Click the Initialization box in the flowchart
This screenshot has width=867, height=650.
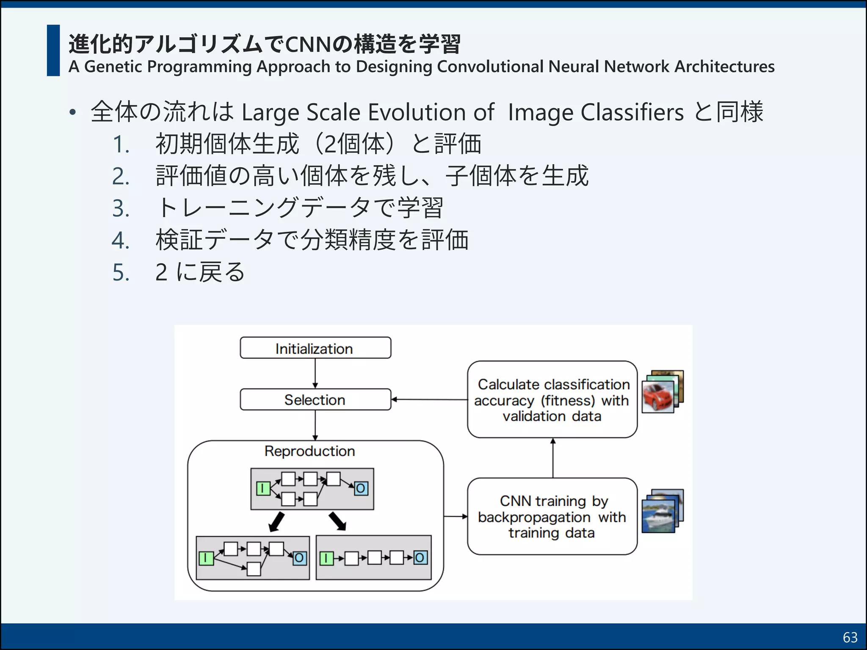tap(315, 348)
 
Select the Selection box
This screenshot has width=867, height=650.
tap(315, 399)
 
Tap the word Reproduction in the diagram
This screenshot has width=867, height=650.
tap(309, 451)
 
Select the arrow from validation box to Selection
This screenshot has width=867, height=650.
tap(429, 399)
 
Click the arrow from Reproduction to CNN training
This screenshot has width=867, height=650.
tap(456, 516)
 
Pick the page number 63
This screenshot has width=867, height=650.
tap(850, 637)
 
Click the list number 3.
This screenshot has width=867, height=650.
tap(121, 208)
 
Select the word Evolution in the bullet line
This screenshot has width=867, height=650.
tap(417, 113)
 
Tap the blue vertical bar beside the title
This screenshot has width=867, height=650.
tap(53, 50)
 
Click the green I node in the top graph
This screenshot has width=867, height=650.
tap(263, 488)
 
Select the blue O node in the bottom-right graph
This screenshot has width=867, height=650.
tap(420, 558)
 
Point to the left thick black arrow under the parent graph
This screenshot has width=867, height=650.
tap(277, 522)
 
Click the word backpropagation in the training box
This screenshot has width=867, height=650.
tap(534, 517)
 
